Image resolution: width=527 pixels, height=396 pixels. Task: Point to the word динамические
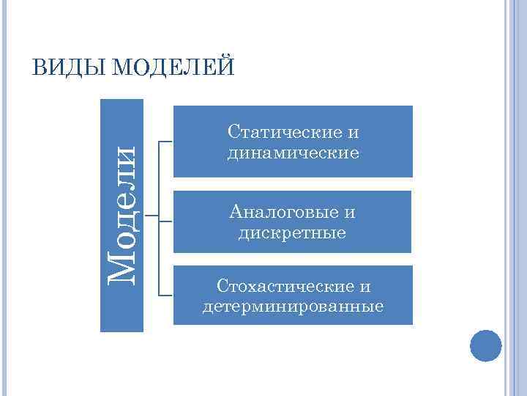pos(293,153)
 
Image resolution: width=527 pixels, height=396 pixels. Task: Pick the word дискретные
pos(293,233)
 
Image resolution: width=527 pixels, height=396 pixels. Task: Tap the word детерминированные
pos(293,306)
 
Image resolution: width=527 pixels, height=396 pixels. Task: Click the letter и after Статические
pos(354,133)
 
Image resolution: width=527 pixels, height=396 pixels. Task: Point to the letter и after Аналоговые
pos(350,213)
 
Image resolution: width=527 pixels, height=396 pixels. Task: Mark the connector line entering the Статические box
pos(166,141)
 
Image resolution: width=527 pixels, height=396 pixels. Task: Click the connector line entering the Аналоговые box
pos(166,218)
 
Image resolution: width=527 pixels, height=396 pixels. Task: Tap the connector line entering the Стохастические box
pos(166,295)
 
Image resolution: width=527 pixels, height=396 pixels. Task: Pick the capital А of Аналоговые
pos(235,213)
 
